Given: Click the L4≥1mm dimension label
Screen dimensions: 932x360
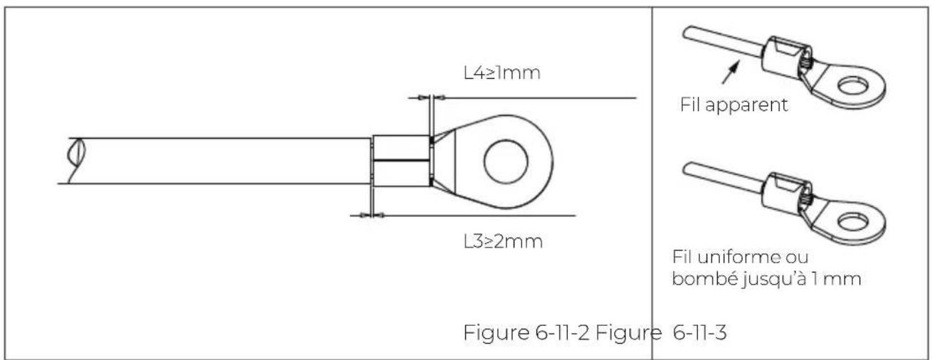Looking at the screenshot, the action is pos(502,73).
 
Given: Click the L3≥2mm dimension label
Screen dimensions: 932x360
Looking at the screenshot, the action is pos(503,241).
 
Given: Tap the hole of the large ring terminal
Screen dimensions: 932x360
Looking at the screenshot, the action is pos(506,162).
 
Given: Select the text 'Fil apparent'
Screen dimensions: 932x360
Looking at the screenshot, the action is pos(734,105).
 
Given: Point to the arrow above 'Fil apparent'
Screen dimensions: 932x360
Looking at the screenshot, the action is pos(731,72).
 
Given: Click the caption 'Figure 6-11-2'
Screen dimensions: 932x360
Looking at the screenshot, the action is pos(526,332).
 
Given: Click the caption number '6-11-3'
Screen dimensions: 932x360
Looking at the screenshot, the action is pos(700,332).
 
